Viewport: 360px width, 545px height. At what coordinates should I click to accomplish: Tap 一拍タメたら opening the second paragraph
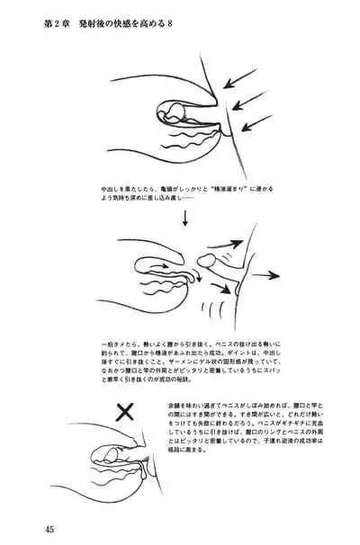(120, 344)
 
